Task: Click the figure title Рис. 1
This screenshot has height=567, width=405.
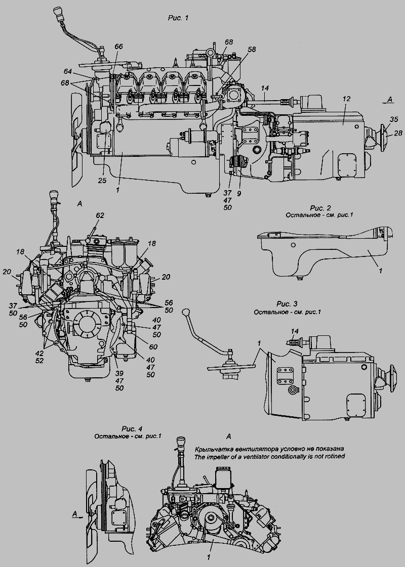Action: [x=178, y=18]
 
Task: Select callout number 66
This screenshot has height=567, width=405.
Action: [x=118, y=47]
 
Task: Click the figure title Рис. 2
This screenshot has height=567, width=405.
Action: [x=320, y=208]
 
